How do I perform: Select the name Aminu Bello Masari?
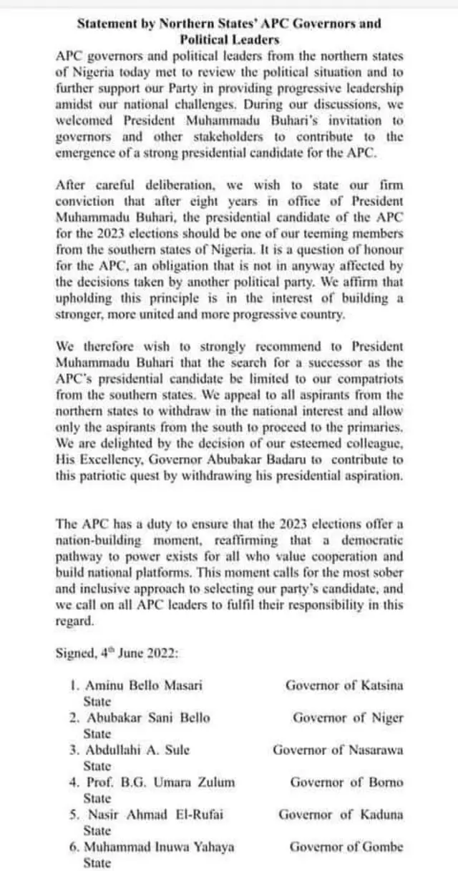pos(144,685)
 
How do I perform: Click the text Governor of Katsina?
pos(344,685)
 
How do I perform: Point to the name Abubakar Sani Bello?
pos(149,717)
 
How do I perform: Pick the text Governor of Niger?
pos(348,717)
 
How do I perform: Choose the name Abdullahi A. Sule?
pos(138,749)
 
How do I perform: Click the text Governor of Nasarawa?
pos(338,749)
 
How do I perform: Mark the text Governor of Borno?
pos(346,782)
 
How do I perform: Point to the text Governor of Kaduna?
pos(341,815)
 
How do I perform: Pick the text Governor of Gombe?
pos(346,847)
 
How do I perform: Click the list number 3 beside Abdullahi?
pos(74,749)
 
